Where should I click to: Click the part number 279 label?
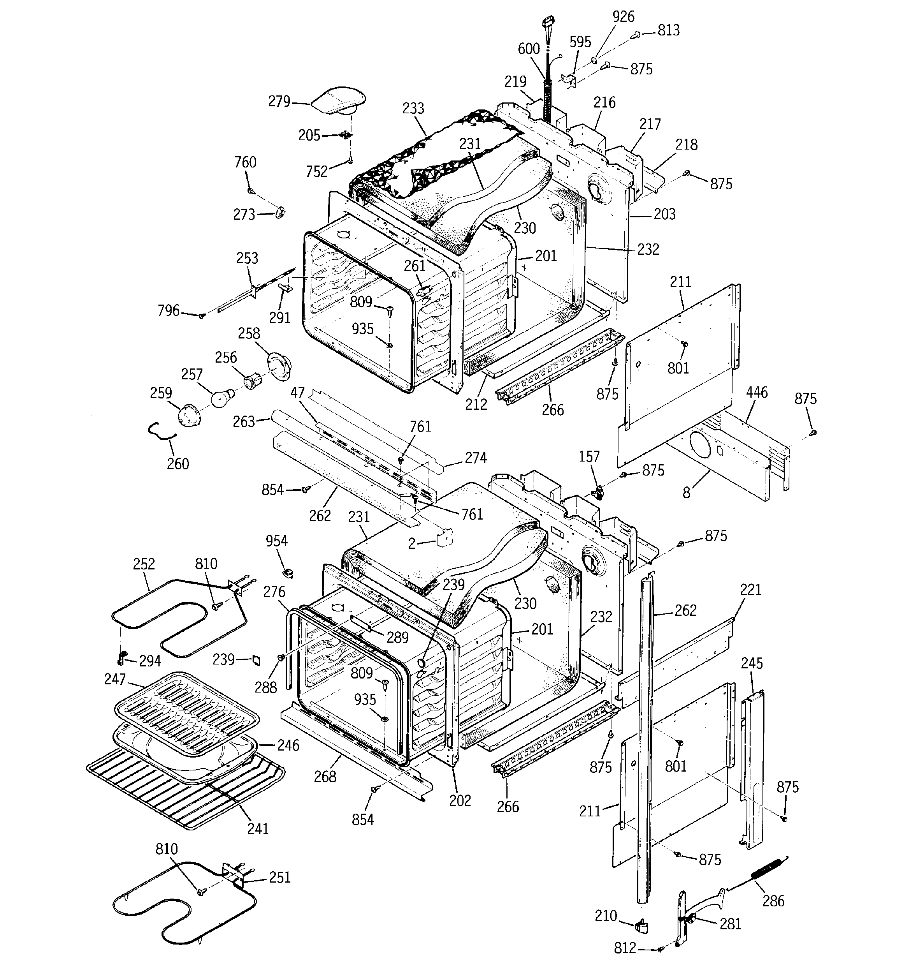pyautogui.click(x=279, y=101)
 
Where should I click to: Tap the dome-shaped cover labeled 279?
pyautogui.click(x=338, y=101)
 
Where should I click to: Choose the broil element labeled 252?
pyautogui.click(x=179, y=616)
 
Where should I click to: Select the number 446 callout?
pyautogui.click(x=757, y=392)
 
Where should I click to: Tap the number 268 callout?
pyautogui.click(x=325, y=777)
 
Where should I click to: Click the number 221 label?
pyautogui.click(x=751, y=590)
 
